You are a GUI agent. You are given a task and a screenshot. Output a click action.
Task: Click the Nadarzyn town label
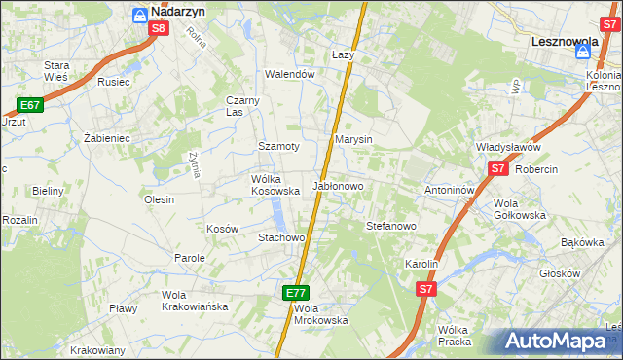tap(177, 13)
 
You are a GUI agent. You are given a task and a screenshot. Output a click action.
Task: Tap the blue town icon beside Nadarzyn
tap(139, 14)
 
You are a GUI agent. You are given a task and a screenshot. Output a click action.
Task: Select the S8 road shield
tap(160, 29)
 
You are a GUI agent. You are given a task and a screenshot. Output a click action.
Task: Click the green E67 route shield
tap(29, 105)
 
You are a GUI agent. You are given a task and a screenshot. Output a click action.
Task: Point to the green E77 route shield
tap(297, 292)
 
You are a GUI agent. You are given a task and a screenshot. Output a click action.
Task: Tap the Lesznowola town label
tap(570, 43)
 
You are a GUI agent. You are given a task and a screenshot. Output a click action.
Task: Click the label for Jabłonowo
tap(337, 186)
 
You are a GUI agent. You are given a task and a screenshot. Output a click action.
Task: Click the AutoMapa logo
tap(555, 342)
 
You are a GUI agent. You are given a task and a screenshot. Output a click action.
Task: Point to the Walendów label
tap(291, 74)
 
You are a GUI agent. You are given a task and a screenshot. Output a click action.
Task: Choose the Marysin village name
tap(353, 140)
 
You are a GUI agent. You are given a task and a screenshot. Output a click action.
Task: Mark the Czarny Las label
tap(241, 106)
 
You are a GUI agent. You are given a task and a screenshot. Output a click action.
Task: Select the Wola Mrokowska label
tap(320, 314)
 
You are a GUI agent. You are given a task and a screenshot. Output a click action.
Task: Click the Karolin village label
tap(421, 264)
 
